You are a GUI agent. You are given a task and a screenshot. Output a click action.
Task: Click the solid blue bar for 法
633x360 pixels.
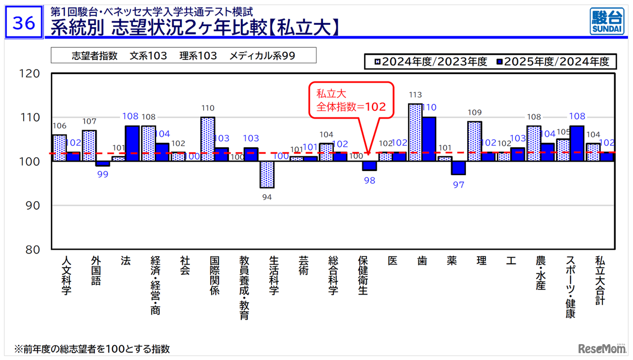pos(132,143)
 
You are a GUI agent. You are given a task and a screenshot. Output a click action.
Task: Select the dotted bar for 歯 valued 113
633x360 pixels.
pos(415,133)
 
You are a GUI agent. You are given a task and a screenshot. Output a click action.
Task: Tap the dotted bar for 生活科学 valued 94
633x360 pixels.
pos(267,175)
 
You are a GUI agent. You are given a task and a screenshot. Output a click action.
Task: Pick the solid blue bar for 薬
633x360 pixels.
pos(458,168)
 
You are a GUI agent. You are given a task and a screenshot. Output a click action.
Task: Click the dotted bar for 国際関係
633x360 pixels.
pos(207,139)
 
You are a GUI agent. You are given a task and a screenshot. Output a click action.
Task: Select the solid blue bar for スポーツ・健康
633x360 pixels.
pos(577,143)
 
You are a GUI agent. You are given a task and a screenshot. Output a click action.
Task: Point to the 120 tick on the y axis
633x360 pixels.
pos(31,74)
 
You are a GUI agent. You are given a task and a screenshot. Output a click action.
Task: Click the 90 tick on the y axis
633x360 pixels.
pos(31,206)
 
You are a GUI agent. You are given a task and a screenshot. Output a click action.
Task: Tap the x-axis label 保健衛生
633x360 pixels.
pos(363,275)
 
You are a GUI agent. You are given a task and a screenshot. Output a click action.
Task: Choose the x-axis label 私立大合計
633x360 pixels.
pos(600,280)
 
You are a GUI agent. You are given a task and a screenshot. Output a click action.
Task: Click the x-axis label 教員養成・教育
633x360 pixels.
pos(244,287)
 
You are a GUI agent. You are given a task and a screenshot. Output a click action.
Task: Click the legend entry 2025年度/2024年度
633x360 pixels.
pos(556,61)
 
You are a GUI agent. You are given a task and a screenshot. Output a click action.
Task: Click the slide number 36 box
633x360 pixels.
pos(24,23)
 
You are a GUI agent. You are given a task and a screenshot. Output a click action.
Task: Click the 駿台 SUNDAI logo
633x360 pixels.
pos(606,21)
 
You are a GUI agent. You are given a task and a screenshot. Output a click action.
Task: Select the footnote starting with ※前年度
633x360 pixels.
pos(92,349)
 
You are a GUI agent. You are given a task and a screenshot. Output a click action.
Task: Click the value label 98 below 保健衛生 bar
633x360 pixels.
pos(369,180)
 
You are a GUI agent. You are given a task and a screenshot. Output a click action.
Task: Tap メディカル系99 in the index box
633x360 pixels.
pos(262,55)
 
